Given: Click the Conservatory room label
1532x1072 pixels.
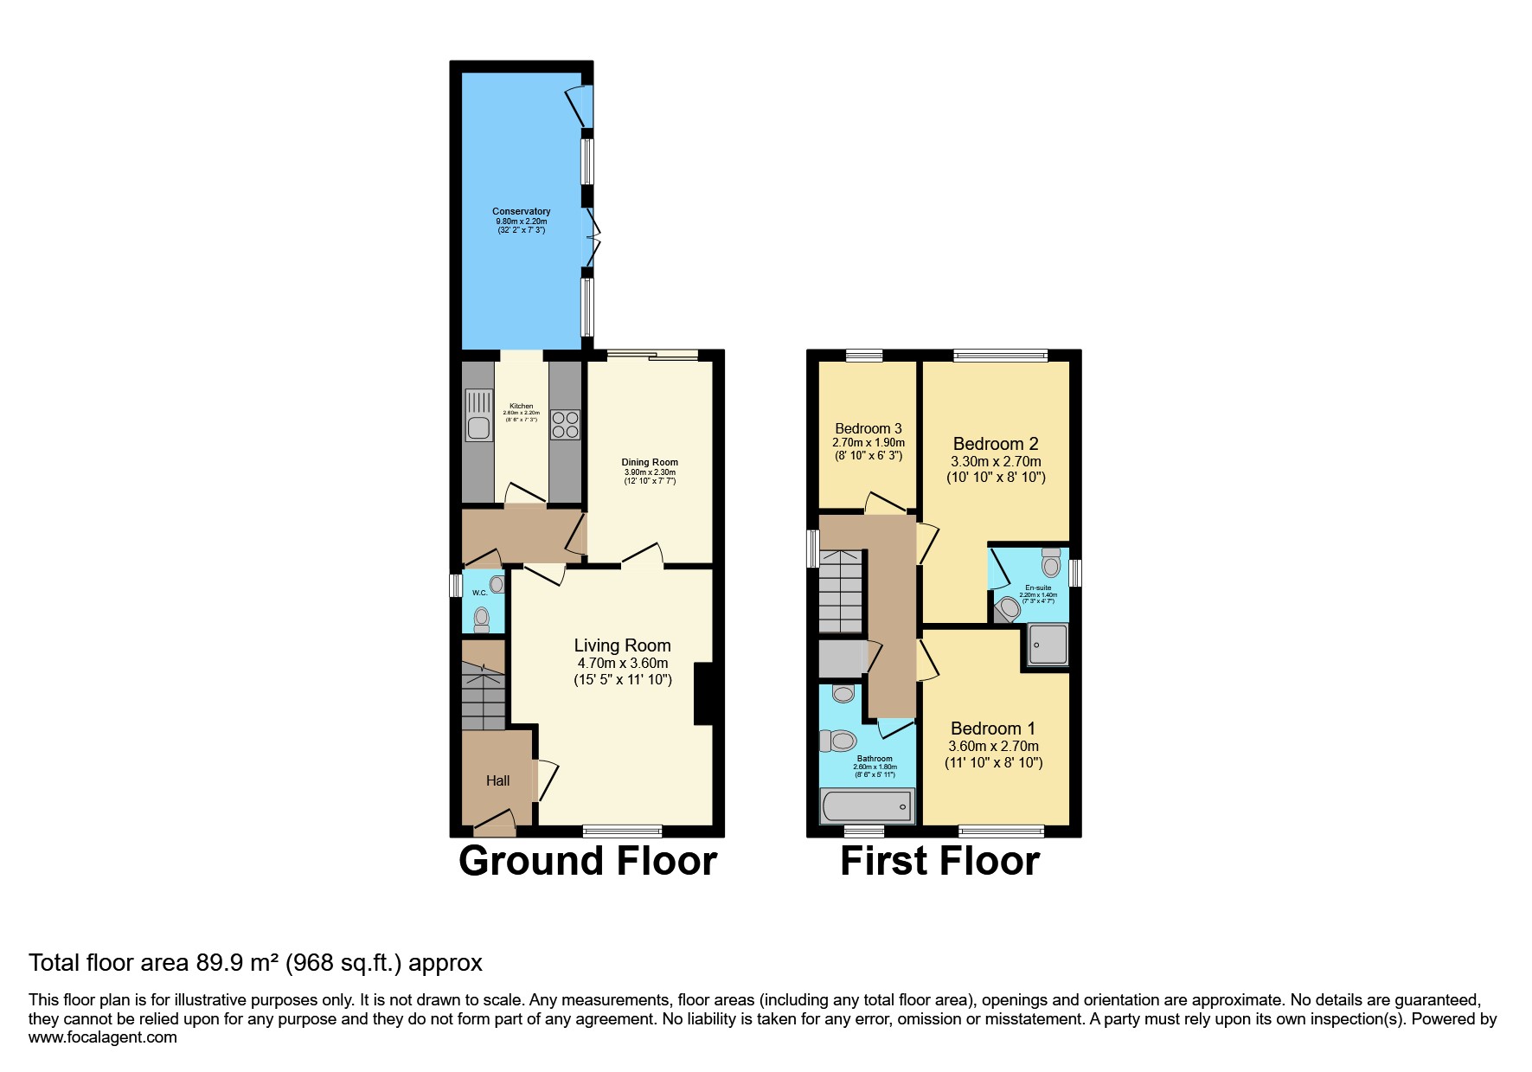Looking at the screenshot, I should pyautogui.click(x=521, y=211).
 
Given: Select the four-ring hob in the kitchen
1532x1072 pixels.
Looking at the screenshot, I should pyautogui.click(x=566, y=424).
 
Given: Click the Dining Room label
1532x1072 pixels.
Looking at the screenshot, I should pyautogui.click(x=650, y=462).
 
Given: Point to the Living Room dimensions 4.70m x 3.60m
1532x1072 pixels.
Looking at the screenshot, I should pyautogui.click(x=622, y=663).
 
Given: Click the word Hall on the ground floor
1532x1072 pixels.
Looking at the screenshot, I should pyautogui.click(x=497, y=780).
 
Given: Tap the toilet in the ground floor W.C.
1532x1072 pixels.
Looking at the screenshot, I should pyautogui.click(x=481, y=619).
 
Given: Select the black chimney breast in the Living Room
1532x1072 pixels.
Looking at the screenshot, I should pyautogui.click(x=703, y=693).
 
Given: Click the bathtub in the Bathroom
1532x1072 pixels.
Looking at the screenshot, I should pyautogui.click(x=866, y=806).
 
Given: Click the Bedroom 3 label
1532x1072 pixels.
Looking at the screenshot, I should pyautogui.click(x=868, y=428).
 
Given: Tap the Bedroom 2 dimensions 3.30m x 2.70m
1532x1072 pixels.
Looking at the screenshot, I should pyautogui.click(x=996, y=461).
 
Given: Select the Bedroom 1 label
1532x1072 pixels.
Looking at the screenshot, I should pyautogui.click(x=992, y=729).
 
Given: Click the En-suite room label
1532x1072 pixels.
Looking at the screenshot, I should pyautogui.click(x=1037, y=587).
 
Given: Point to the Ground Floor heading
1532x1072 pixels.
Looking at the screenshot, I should pyautogui.click(x=587, y=861).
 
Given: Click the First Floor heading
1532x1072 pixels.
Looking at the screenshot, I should pyautogui.click(x=939, y=861).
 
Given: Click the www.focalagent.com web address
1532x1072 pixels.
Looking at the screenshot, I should pyautogui.click(x=102, y=1037).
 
